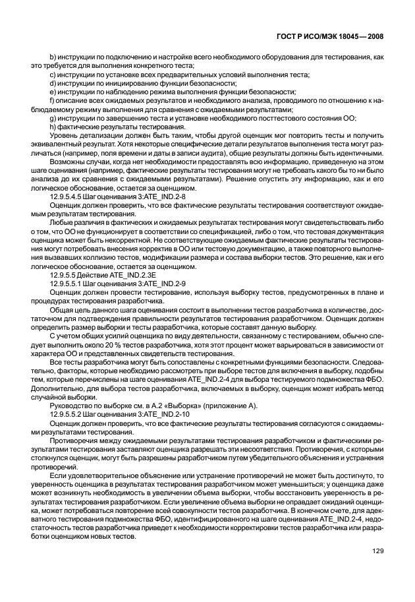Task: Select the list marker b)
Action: [x=53, y=58]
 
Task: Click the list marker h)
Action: [x=53, y=126]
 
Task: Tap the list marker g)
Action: [x=53, y=117]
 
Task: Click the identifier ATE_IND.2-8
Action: [x=163, y=196]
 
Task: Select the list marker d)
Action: [x=53, y=83]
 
